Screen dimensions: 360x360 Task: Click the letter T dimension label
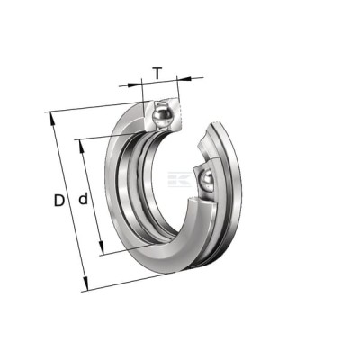[157, 74]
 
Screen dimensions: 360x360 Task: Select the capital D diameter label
[59, 201]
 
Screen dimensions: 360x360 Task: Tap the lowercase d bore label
[83, 199]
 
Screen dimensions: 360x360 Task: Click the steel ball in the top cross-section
[162, 116]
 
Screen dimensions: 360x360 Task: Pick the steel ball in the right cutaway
[206, 180]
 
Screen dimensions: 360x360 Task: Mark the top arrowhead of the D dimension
[52, 119]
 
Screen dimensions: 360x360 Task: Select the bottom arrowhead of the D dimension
[85, 283]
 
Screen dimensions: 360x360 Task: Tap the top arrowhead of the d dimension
[82, 146]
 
